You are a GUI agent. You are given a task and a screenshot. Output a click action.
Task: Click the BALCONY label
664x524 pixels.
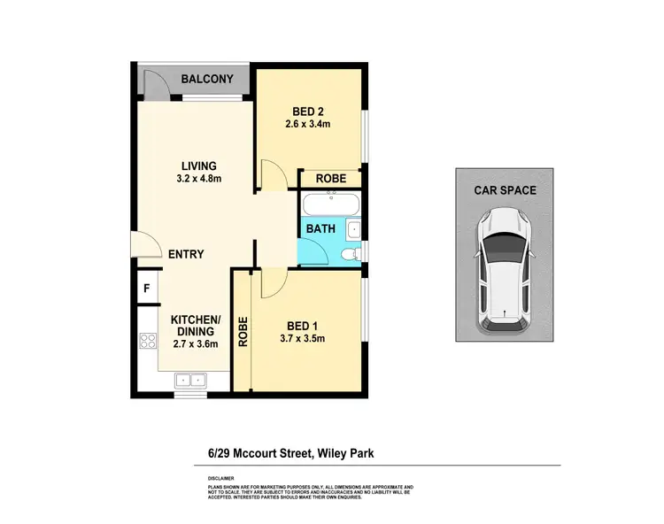click(x=207, y=79)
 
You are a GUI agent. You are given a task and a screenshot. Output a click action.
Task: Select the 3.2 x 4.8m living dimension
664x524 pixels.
click(x=199, y=179)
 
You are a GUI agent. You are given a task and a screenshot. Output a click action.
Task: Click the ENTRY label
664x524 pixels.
click(x=186, y=254)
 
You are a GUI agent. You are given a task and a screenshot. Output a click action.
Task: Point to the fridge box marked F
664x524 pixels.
click(x=146, y=289)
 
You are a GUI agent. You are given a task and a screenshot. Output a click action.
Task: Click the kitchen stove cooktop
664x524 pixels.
click(x=148, y=342)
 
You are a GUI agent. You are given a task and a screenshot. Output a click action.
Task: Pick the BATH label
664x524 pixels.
click(x=320, y=228)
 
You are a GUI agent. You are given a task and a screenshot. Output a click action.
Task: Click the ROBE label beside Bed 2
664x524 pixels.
click(x=331, y=178)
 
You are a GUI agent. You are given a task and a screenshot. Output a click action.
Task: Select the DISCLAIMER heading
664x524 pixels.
click(x=211, y=477)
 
